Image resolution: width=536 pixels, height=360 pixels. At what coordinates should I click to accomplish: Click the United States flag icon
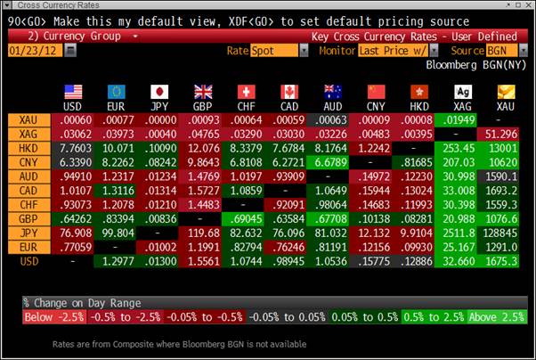[72, 91]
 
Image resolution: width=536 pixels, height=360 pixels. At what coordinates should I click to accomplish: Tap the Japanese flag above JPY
[159, 91]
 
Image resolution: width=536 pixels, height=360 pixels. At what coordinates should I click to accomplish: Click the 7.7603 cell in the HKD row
[73, 148]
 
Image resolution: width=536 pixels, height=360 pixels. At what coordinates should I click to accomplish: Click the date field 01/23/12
[34, 51]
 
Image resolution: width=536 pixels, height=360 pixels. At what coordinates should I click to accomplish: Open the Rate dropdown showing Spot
[272, 51]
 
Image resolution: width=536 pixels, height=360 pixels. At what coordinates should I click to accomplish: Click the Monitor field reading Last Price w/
[392, 51]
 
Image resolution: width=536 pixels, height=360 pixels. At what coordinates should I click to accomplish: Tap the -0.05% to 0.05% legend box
[286, 316]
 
